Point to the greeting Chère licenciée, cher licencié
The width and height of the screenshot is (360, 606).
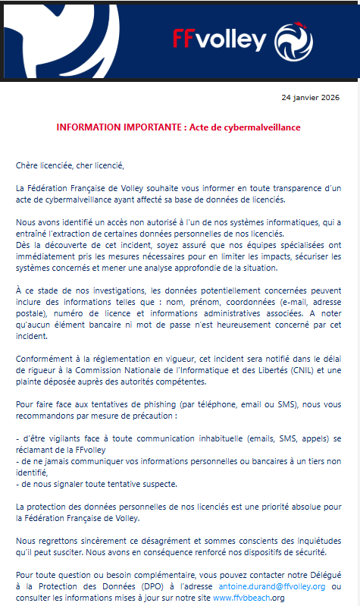pos(69,165)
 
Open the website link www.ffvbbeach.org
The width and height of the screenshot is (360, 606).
pos(248,598)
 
